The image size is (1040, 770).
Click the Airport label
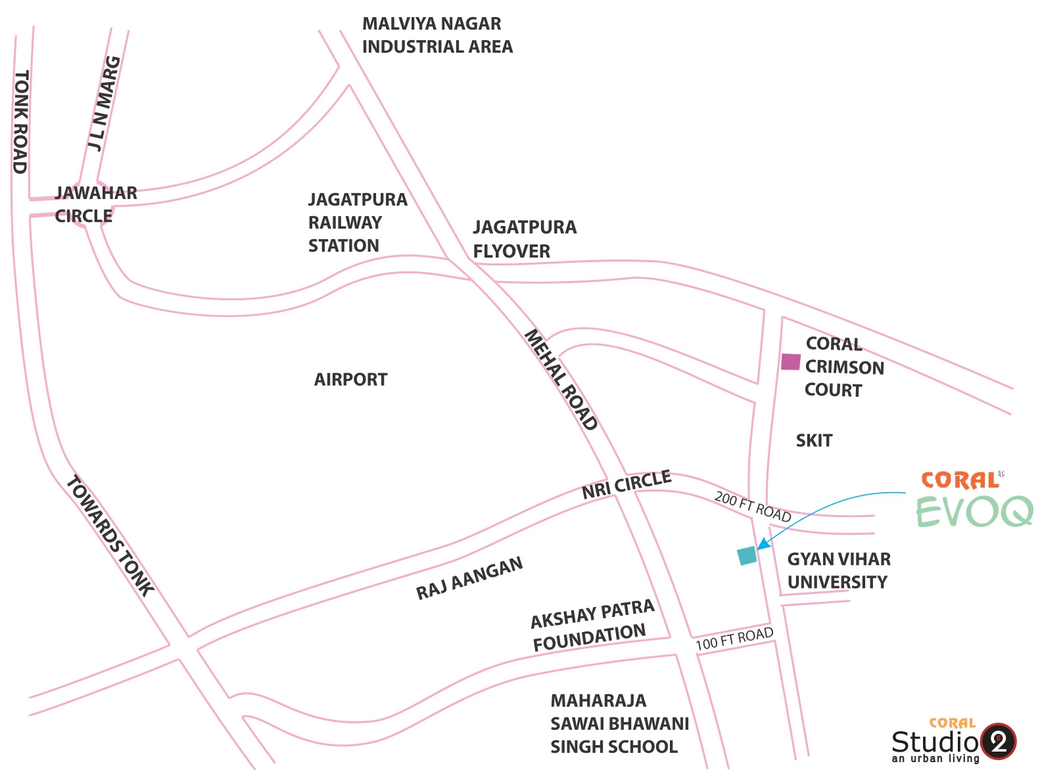click(x=350, y=379)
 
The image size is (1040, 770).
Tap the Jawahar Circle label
click(x=96, y=204)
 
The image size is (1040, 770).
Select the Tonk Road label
click(x=21, y=122)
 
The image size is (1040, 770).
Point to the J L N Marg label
click(x=104, y=104)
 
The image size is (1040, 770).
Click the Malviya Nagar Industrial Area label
click(x=437, y=35)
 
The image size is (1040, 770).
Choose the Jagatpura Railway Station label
click(x=358, y=223)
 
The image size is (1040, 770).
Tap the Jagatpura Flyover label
click(x=525, y=239)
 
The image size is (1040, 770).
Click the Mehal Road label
click(x=561, y=379)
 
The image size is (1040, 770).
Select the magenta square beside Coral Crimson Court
click(x=791, y=362)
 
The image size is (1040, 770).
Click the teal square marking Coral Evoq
click(x=747, y=556)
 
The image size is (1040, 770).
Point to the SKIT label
click(x=814, y=441)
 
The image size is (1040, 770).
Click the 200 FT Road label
click(x=753, y=506)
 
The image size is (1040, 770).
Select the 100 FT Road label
click(x=734, y=639)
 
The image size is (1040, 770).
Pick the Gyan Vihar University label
click(x=839, y=570)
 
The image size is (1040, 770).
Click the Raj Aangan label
click(x=469, y=578)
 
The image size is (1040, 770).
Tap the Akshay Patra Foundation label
click(x=592, y=625)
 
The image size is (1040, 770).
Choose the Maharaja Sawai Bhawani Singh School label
click(x=619, y=723)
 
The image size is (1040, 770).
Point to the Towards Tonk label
click(x=110, y=535)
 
